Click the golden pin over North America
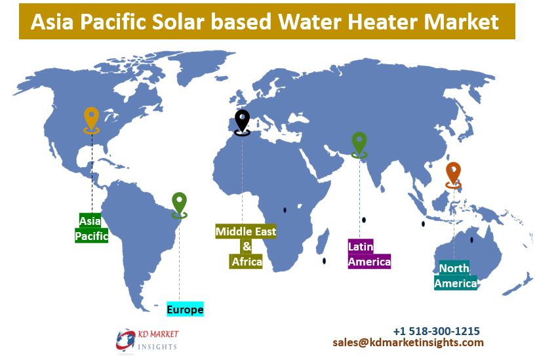point(91,120)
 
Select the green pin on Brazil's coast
point(179,205)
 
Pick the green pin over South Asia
point(359,144)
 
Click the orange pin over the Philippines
point(453,175)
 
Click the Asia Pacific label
point(91,228)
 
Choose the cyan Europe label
point(185,310)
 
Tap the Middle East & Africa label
point(246,247)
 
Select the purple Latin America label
point(369,254)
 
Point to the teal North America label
point(456,275)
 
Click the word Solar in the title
point(178,22)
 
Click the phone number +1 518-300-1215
point(436,331)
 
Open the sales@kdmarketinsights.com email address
point(408,342)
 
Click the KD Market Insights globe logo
point(125,340)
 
